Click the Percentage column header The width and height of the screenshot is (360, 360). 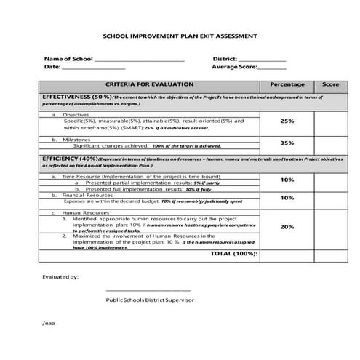pos(287,84)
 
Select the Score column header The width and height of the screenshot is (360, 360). pos(330,84)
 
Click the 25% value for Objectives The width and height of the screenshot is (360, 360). pos(287,121)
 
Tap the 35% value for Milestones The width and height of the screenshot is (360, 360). pos(287,143)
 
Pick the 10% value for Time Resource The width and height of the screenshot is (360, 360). pos(287,180)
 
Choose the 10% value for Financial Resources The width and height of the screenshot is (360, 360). pos(287,198)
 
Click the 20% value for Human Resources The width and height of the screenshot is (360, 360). pos(287,226)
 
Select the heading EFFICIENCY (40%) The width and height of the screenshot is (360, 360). pos(70,158)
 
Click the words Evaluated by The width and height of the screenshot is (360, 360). pos(60,276)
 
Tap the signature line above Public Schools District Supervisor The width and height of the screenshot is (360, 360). pos(148,291)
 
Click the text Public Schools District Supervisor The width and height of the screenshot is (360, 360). pos(149,300)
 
